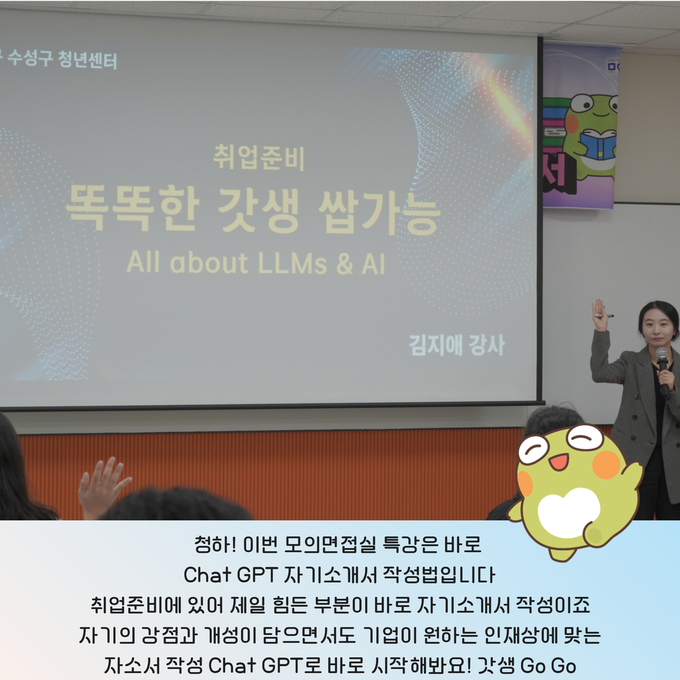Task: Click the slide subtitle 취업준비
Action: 259,157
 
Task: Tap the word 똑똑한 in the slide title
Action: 133,208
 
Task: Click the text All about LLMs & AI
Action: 256,263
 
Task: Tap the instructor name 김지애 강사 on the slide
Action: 457,345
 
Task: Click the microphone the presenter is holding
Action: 663,371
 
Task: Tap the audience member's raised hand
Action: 103,487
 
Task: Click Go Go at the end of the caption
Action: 548,666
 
